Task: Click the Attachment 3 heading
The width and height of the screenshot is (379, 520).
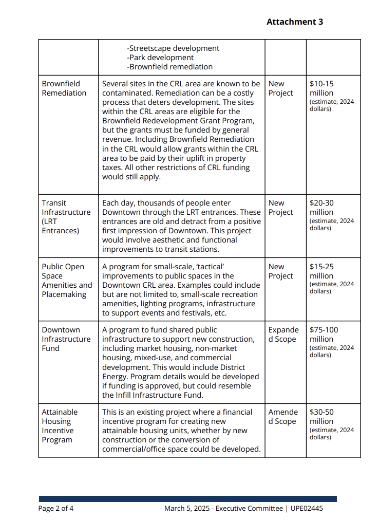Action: pos(294,22)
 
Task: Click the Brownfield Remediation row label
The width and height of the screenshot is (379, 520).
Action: pos(64,88)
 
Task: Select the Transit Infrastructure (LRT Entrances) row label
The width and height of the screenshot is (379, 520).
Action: pos(66,217)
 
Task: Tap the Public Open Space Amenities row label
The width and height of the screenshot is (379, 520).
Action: pos(67,281)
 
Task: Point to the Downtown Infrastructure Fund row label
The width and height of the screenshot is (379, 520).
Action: pos(66,339)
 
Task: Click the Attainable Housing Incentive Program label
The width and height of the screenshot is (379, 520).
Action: pos(60,426)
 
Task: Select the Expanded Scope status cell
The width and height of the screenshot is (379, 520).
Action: pos(282,335)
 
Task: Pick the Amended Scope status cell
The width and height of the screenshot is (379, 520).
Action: pos(282,417)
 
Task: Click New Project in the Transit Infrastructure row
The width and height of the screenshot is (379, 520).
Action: pos(280,208)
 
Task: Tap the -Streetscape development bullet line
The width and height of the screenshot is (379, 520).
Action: pos(173,48)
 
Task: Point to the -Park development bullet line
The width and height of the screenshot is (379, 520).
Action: pos(160,58)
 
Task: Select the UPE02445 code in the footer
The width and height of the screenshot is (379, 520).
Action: pos(306,509)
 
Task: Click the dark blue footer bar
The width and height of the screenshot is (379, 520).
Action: pos(187,499)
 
